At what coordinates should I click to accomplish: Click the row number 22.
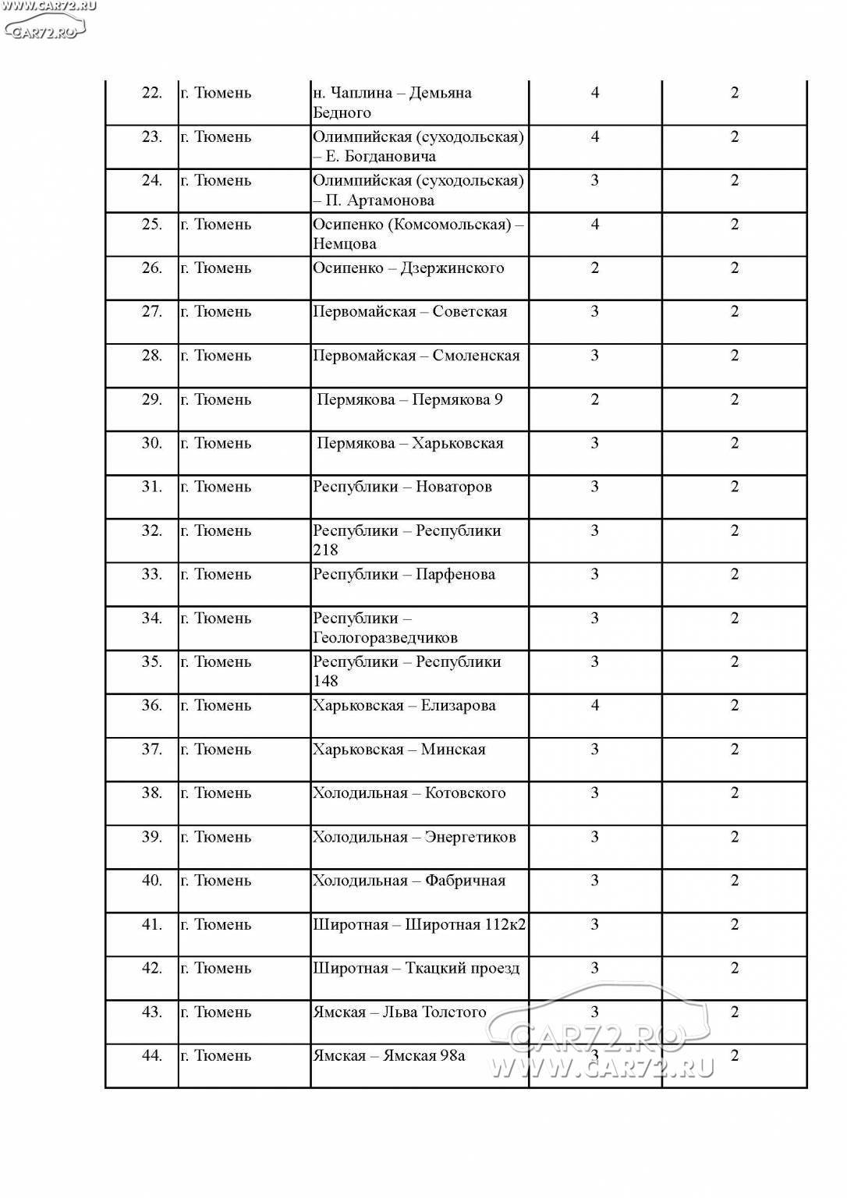coord(151,93)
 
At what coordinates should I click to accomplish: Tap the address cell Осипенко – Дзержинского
coord(408,268)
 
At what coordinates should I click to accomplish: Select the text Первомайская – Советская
coord(409,312)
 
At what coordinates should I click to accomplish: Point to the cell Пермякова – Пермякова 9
coord(409,400)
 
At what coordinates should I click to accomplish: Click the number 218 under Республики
coord(325,550)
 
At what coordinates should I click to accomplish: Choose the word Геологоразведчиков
coord(385,638)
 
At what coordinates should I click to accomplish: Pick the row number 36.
coord(151,706)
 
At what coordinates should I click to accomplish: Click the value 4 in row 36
coord(595,706)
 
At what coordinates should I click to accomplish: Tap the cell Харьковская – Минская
coord(399,750)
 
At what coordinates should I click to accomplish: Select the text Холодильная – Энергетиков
coord(414,838)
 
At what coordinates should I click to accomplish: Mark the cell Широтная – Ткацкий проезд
coord(416,969)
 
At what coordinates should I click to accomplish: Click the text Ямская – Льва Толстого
coord(399,1012)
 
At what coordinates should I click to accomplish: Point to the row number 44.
coord(151,1056)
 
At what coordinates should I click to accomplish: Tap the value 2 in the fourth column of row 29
coord(595,400)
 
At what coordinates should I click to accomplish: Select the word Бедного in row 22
coord(342,113)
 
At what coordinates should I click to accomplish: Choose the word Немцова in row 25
coord(345,244)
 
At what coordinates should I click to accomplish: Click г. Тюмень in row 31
coord(215,487)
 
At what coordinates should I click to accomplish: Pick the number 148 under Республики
coord(325,681)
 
